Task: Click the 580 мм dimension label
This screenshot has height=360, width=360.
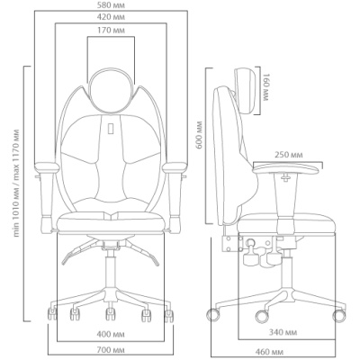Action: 111,5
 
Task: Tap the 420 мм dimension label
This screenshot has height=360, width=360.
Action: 111,17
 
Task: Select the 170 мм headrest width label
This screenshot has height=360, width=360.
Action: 111,30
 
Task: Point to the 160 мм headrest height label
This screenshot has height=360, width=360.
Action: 266,87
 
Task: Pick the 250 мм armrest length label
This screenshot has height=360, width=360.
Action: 289,155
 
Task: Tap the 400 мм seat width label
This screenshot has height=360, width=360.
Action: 111,334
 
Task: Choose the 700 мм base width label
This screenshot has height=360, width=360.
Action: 111,350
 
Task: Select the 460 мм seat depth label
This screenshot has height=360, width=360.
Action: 269,352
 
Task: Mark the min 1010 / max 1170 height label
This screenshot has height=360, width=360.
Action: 16,183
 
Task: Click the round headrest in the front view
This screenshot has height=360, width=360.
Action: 111,89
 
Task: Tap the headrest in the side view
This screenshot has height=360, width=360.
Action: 247,90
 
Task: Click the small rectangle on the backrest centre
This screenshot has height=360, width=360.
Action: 111,128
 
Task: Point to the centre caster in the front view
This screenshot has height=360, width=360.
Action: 111,313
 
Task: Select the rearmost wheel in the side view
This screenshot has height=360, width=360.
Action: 213,315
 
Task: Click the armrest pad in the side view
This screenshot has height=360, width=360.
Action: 285,168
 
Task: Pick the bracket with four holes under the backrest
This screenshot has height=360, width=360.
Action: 232,243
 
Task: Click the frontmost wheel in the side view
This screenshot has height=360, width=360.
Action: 339,315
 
